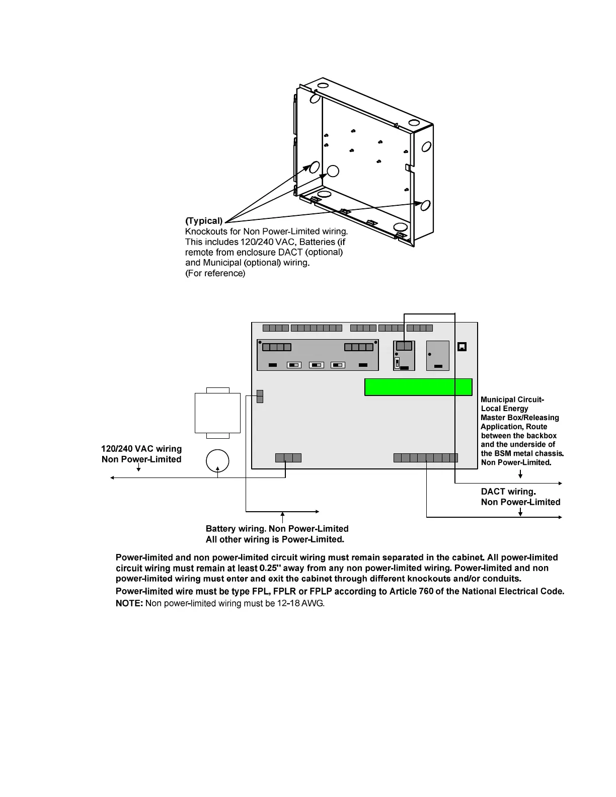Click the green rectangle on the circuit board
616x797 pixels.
point(418,387)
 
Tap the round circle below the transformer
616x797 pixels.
point(217,461)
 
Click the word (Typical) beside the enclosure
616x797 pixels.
point(204,221)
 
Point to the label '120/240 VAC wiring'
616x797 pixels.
point(141,449)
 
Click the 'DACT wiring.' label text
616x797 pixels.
point(508,492)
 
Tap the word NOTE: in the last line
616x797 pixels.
point(129,603)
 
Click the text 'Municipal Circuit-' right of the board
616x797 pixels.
point(512,400)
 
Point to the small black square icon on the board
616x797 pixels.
point(462,347)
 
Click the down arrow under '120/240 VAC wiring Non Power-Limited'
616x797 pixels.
point(138,468)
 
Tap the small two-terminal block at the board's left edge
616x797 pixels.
point(260,396)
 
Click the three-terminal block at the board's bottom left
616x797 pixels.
point(288,458)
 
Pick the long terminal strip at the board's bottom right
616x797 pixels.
point(426,458)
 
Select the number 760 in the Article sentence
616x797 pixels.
point(426,591)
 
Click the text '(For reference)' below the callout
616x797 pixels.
point(215,274)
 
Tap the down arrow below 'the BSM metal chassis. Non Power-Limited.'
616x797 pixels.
point(520,474)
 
